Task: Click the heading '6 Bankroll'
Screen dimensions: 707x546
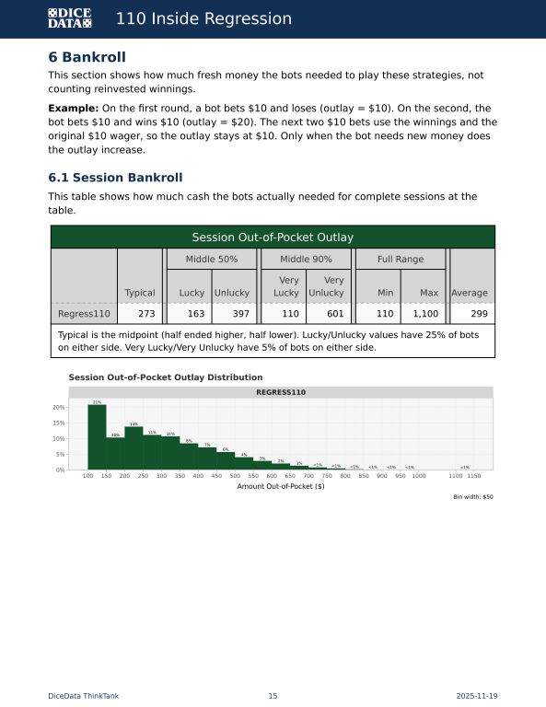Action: (x=87, y=57)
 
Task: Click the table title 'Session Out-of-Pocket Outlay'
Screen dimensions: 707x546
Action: (x=273, y=238)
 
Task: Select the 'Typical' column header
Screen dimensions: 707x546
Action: (x=140, y=293)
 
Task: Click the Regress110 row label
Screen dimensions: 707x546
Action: (x=84, y=314)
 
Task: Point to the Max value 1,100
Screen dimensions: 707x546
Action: (x=425, y=314)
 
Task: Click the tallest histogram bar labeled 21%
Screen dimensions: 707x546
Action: (x=97, y=437)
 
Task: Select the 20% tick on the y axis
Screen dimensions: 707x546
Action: (x=58, y=407)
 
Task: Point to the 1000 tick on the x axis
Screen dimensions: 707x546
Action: (x=419, y=476)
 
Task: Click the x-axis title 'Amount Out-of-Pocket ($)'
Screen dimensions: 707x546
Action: (x=281, y=486)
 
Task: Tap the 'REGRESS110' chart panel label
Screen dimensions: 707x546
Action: (x=281, y=392)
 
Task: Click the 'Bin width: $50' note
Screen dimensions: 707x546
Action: (x=473, y=497)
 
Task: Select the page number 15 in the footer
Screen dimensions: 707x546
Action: (x=273, y=696)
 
